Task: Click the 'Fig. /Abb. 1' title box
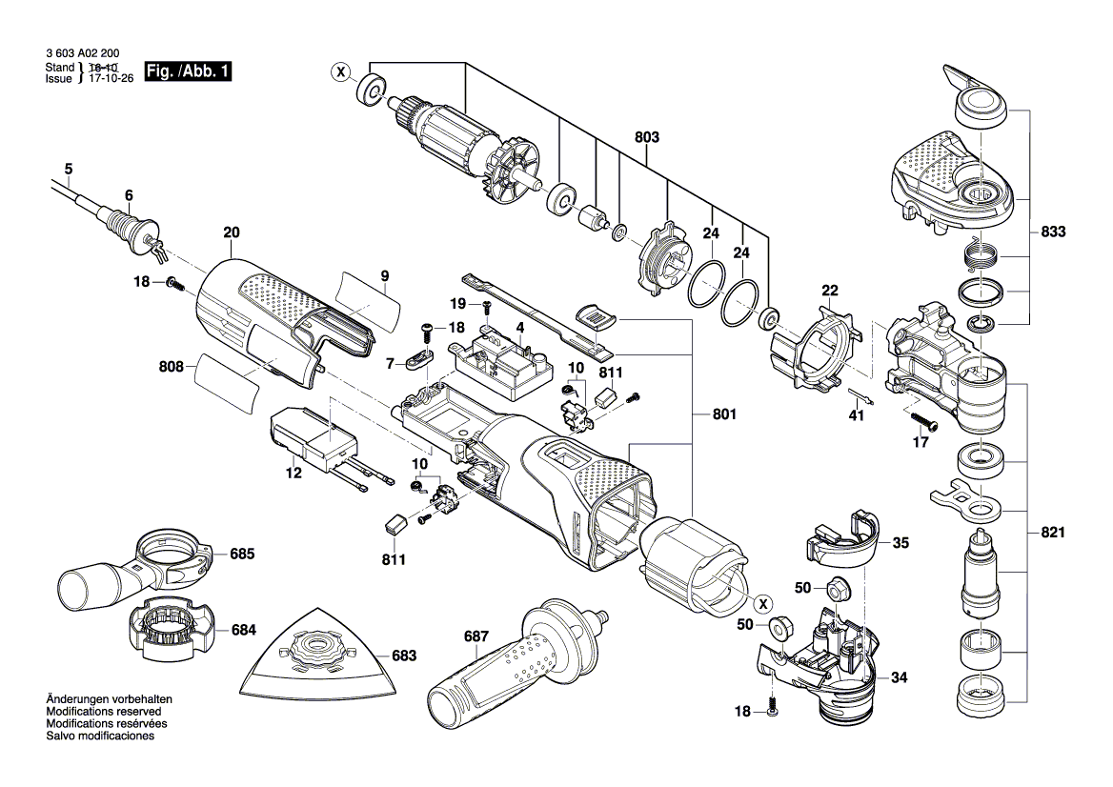[x=187, y=72]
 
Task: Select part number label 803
[x=647, y=138]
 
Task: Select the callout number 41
[x=857, y=415]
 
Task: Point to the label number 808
[x=172, y=363]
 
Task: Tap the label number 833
[x=1053, y=232]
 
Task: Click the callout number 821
[x=1053, y=532]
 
